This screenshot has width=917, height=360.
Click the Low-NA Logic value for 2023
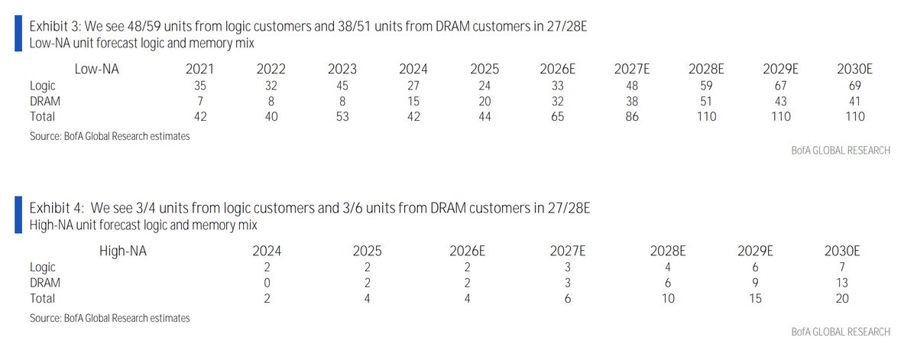pyautogui.click(x=342, y=86)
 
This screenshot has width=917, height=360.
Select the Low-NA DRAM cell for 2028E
pyautogui.click(x=706, y=101)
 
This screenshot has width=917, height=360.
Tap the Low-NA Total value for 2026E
pyautogui.click(x=558, y=117)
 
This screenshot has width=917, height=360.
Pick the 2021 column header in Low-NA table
pyautogui.click(x=199, y=69)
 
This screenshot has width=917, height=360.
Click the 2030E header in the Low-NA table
pyautogui.click(x=854, y=69)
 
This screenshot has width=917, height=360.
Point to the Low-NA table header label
pyautogui.click(x=96, y=69)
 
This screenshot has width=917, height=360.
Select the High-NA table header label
pyautogui.click(x=123, y=251)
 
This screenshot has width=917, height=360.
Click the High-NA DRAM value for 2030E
pyautogui.click(x=842, y=283)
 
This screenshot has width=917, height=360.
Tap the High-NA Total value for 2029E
pyautogui.click(x=755, y=298)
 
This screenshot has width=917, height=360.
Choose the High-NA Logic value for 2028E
pyautogui.click(x=668, y=267)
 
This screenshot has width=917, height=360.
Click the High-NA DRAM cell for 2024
pyautogui.click(x=267, y=283)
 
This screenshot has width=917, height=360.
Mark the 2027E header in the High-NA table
pyautogui.click(x=567, y=251)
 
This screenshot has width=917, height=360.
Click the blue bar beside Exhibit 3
pyautogui.click(x=18, y=34)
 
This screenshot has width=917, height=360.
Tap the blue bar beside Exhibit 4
pyautogui.click(x=18, y=215)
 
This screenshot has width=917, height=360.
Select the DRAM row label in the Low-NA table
pyautogui.click(x=45, y=101)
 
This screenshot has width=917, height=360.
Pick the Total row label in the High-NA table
pyautogui.click(x=42, y=298)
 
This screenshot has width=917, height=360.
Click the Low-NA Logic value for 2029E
pyautogui.click(x=781, y=86)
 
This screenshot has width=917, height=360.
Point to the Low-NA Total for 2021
pyautogui.click(x=200, y=117)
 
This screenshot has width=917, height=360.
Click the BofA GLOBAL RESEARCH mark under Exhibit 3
pyautogui.click(x=841, y=151)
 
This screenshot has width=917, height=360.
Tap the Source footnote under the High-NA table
pyautogui.click(x=110, y=318)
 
